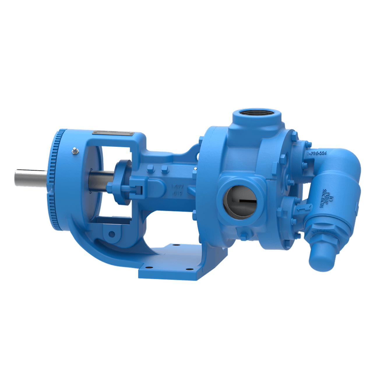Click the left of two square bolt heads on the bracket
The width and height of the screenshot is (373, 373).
pyautogui.click(x=151, y=168)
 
